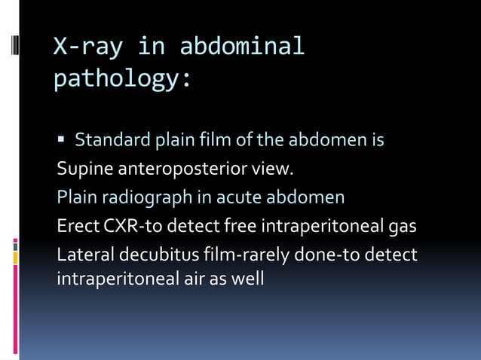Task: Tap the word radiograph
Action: tap(133, 197)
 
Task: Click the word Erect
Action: tap(75, 226)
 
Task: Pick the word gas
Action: tap(402, 226)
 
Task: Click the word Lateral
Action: tap(81, 255)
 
